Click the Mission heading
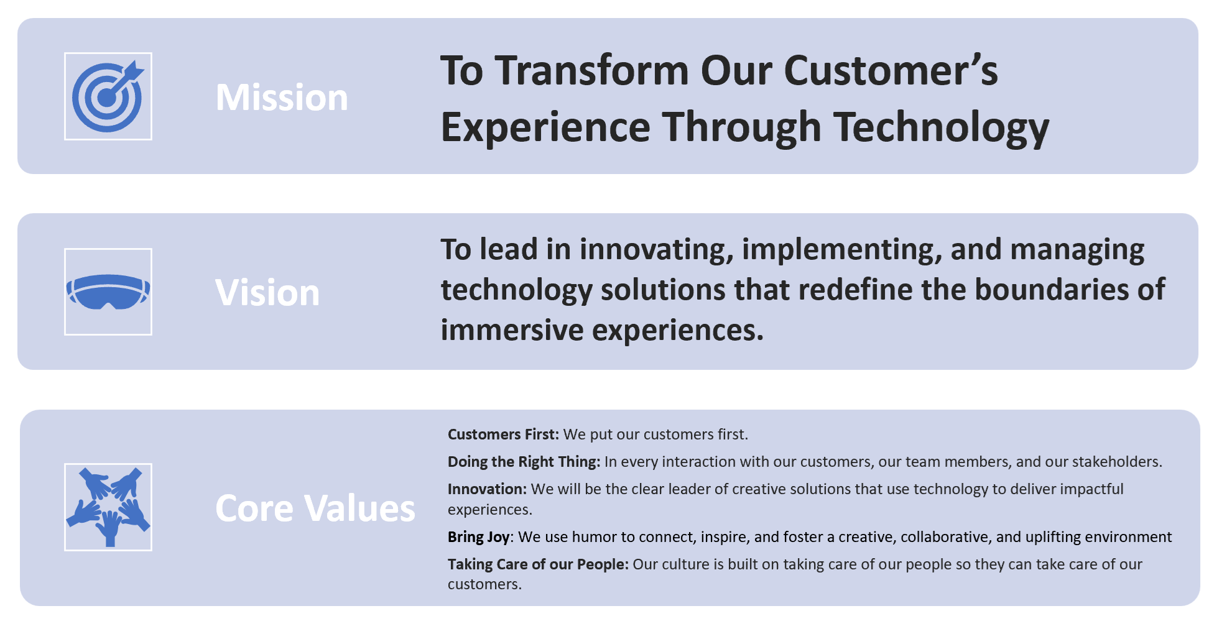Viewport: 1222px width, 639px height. click(282, 98)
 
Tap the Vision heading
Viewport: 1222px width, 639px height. click(267, 292)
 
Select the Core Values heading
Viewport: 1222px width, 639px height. click(315, 508)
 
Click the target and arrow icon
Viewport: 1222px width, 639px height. click(108, 96)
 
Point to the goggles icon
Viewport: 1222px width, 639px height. click(108, 292)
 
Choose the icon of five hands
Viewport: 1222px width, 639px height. click(108, 507)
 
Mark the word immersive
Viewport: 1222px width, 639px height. click(512, 330)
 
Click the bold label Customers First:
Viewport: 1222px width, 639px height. click(504, 434)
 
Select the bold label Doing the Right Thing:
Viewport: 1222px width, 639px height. click(524, 462)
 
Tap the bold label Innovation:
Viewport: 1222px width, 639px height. click(488, 489)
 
